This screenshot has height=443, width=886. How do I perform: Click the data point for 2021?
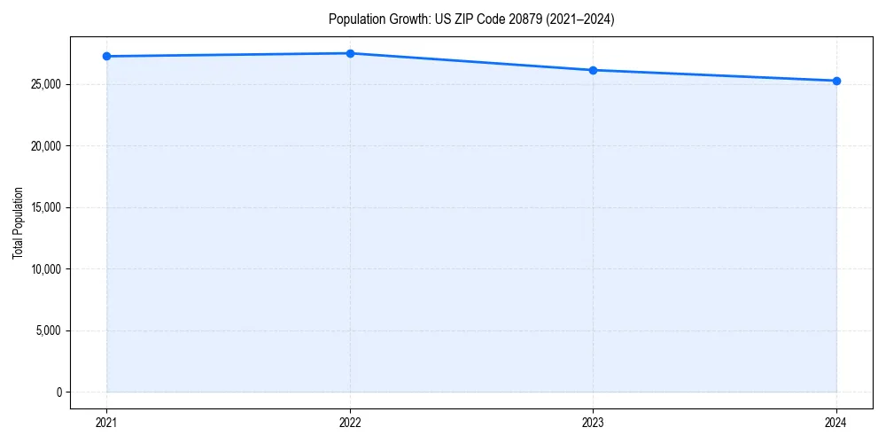click(x=106, y=56)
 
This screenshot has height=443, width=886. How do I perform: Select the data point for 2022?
click(x=350, y=53)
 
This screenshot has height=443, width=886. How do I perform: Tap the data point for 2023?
click(x=593, y=70)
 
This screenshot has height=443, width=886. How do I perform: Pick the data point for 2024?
click(x=836, y=81)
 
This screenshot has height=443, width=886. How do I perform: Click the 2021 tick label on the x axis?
click(x=106, y=422)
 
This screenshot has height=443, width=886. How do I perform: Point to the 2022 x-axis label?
click(x=350, y=422)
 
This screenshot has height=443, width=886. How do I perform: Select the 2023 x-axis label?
click(x=593, y=422)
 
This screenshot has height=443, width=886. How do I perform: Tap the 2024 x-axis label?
click(x=836, y=422)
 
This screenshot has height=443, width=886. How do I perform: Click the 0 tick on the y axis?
click(x=58, y=392)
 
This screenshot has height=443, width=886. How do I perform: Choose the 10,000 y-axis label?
click(x=45, y=269)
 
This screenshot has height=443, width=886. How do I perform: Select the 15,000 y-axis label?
click(x=45, y=207)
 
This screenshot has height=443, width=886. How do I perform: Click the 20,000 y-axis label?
click(x=45, y=146)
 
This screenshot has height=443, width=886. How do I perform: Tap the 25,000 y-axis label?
click(x=45, y=84)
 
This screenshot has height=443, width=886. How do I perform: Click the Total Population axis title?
click(x=18, y=222)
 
